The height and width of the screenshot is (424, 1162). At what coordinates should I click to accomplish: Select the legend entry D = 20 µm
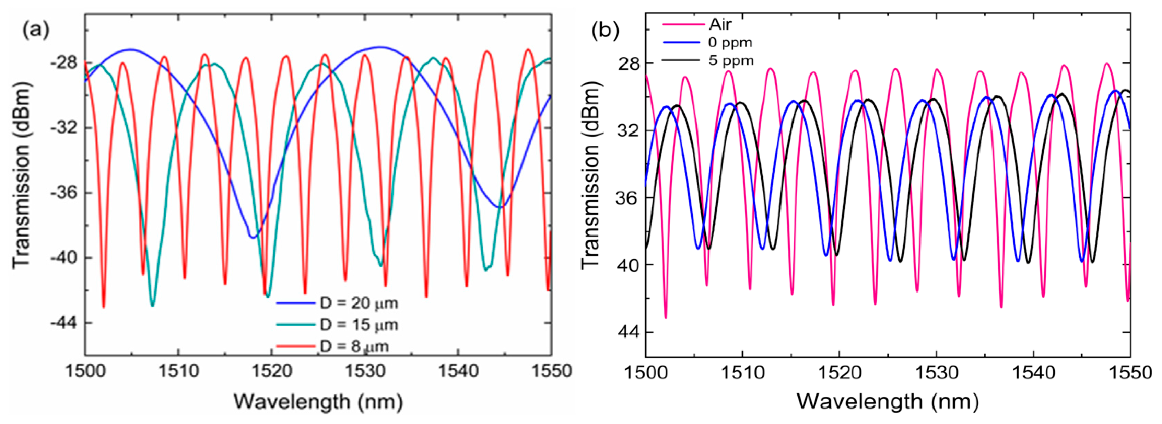[x=359, y=303]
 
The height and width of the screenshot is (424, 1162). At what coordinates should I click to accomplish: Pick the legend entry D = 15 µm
[x=359, y=325]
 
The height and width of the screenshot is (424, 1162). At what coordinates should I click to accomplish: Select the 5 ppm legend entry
[x=731, y=60]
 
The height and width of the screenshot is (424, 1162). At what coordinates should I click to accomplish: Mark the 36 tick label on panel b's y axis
[x=627, y=198]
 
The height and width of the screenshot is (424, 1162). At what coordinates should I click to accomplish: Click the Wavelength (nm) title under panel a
[x=318, y=401]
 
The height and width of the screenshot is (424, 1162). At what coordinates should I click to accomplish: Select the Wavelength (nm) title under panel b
[x=888, y=401]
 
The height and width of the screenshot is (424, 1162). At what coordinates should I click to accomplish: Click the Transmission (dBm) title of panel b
[x=590, y=176]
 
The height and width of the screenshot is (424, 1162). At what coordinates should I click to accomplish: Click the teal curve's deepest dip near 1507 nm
[x=152, y=306]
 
